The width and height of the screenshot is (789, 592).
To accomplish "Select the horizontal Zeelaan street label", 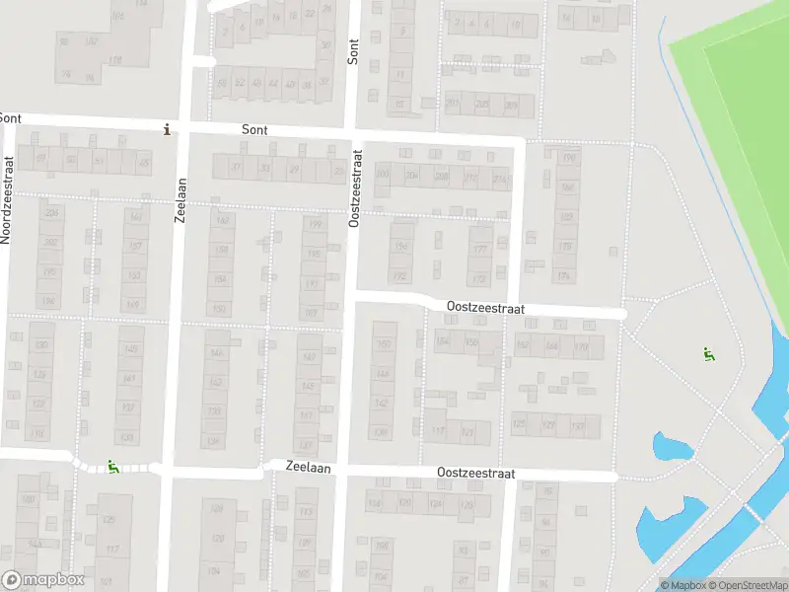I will click(308, 467).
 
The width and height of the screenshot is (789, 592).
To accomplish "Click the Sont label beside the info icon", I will click(254, 129).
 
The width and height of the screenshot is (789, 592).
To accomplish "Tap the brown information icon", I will click(167, 128).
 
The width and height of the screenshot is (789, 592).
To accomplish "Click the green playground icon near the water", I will click(707, 353).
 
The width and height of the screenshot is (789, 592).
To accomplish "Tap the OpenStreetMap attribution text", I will click(747, 585).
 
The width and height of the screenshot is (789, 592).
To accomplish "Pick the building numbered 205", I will click(482, 105).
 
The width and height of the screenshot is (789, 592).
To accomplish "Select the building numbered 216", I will click(500, 178).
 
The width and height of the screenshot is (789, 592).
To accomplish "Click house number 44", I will click(273, 84).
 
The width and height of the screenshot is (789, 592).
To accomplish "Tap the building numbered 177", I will click(480, 250).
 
